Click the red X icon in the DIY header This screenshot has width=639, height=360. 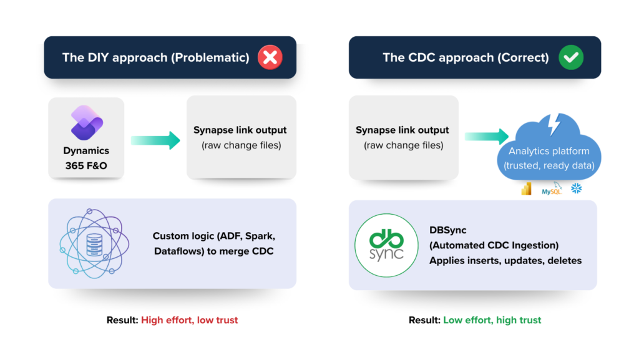coord(270,58)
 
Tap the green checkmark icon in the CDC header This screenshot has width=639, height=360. coord(570,58)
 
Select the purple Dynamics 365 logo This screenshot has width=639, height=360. coord(86,124)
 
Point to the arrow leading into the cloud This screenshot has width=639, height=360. coord(487,137)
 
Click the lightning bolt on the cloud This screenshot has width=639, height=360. coord(554,125)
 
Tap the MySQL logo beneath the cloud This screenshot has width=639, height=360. coord(552,189)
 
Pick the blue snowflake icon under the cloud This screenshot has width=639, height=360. coord(576,188)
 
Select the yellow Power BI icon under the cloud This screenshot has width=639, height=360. coord(526,189)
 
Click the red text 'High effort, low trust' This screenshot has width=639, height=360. coord(189,320)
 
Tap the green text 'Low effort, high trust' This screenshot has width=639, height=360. coord(492,320)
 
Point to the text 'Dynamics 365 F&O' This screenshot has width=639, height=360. coord(86,158)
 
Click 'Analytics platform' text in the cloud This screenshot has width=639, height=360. coord(549,151)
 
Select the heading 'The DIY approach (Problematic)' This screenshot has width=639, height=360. coord(155,58)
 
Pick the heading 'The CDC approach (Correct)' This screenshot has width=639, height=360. coord(466,58)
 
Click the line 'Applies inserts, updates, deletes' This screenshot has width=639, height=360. coord(505,260)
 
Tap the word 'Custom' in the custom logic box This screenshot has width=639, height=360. coord(170,236)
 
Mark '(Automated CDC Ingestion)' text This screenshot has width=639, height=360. coord(494,245)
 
